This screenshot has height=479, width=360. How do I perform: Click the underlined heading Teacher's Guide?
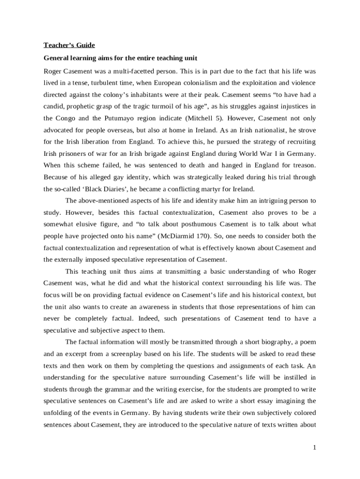click(69, 45)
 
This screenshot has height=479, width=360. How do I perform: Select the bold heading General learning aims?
click(120, 58)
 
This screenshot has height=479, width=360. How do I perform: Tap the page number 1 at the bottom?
click(315, 448)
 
